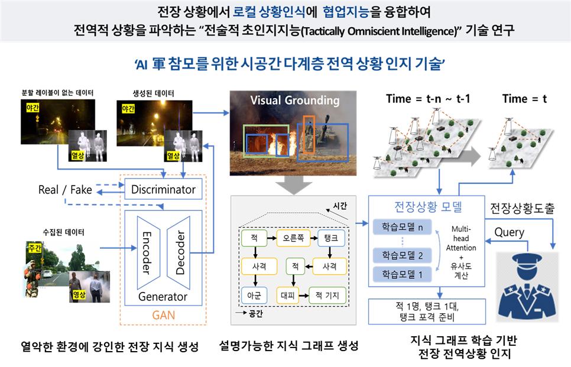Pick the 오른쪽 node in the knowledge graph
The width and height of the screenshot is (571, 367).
(x=294, y=239)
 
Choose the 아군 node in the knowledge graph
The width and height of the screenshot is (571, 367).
(x=255, y=294)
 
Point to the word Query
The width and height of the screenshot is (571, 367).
(x=509, y=232)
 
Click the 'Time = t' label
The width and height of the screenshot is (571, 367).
(x=524, y=99)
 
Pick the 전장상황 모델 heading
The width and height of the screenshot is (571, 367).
(x=427, y=206)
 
